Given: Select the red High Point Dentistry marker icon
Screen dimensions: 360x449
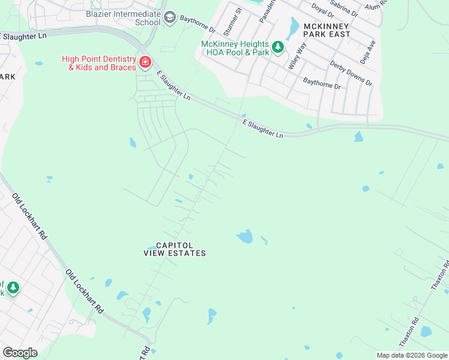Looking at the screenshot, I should tap(145, 62).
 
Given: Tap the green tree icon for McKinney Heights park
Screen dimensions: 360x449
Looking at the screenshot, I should tap(278, 47).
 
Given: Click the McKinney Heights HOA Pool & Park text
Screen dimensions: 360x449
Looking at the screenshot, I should tap(235, 47).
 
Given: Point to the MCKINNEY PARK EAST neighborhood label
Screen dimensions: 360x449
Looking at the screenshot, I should tap(327, 31).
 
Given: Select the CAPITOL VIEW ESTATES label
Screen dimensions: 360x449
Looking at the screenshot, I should tap(175, 250).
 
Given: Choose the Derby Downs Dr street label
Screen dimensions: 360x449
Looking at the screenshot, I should tap(351, 73).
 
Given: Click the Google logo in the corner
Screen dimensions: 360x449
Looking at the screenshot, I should tap(20, 352).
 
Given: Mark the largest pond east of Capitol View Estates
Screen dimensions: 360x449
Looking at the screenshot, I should tap(245, 236).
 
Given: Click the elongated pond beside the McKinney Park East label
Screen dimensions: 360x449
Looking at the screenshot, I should tap(294, 26).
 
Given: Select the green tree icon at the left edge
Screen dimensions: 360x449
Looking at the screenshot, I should tap(12, 289).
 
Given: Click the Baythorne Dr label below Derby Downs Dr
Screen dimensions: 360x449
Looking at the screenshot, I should tap(322, 83).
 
